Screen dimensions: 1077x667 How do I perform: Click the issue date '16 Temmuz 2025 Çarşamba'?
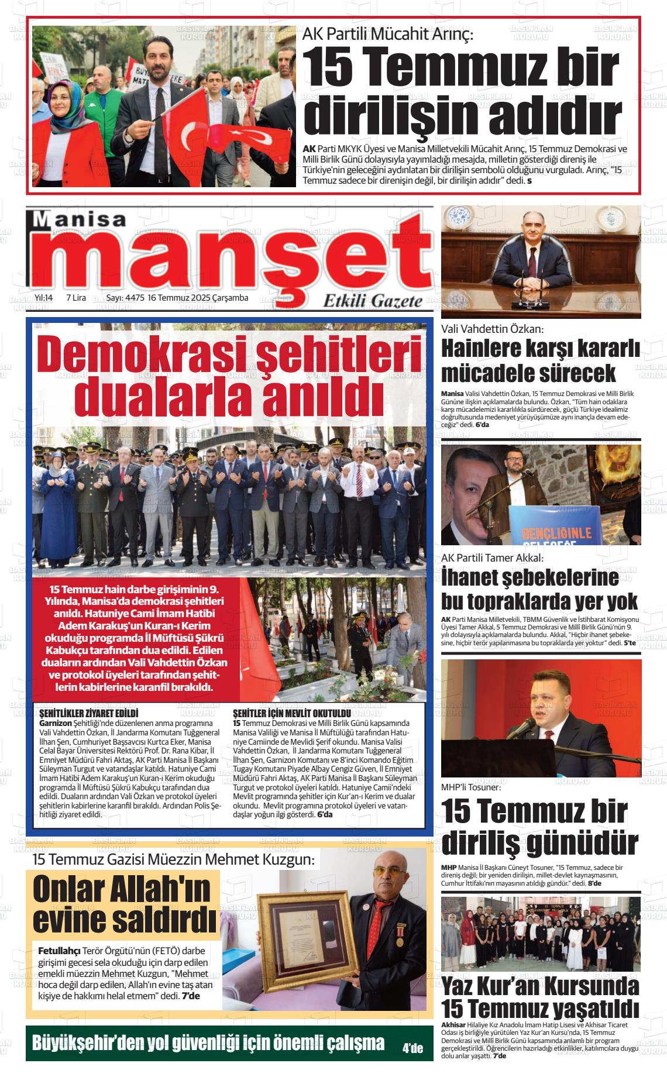point(198,298)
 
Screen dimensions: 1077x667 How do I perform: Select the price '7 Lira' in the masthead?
point(76,298)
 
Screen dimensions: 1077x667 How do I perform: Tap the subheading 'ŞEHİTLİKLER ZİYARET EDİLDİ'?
point(88,714)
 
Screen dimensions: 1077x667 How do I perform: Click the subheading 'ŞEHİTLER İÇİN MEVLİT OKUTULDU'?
point(291,714)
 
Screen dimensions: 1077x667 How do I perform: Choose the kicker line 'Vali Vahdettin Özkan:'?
point(493,329)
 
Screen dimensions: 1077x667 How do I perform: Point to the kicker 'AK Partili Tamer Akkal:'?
point(492,558)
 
